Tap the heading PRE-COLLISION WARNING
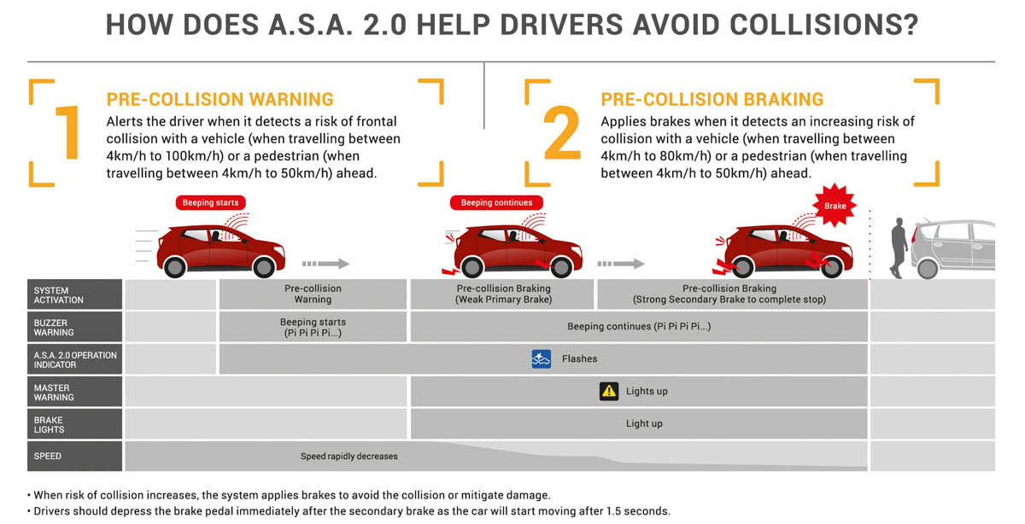[220, 100]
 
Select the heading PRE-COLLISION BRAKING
[712, 100]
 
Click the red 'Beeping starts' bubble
[211, 203]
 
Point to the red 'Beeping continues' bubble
[496, 203]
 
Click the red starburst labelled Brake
[835, 207]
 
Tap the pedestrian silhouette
[897, 247]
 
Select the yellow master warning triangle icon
[608, 391]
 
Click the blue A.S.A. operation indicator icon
[541, 358]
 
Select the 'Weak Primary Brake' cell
[502, 294]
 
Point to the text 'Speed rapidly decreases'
[348, 457]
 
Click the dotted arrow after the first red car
[325, 264]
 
